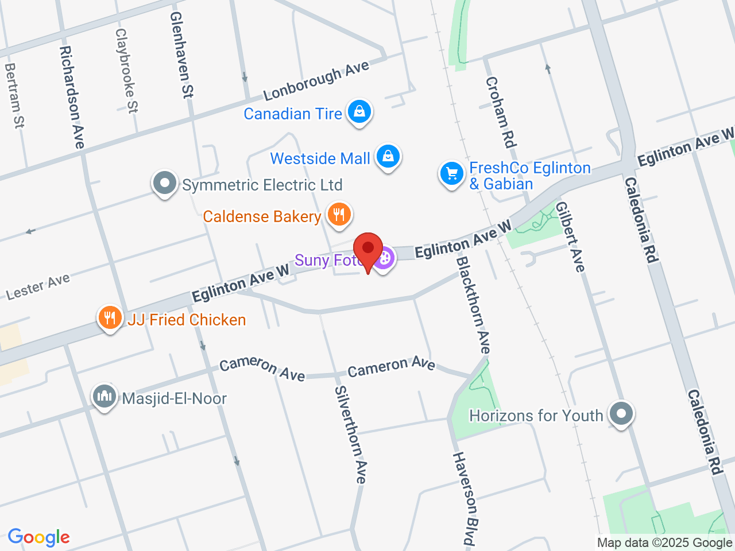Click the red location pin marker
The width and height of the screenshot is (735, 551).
[367, 250]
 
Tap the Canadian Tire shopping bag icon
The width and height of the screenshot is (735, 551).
[359, 112]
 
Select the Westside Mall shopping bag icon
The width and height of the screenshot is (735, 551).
[388, 156]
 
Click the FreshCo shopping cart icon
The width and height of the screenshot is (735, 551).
[451, 173]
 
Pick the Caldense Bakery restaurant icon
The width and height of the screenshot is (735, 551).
[339, 215]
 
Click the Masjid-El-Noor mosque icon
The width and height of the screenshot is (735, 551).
[105, 396]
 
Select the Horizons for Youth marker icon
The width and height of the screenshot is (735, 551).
[621, 413]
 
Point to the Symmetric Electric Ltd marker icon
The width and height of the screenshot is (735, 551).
[165, 184]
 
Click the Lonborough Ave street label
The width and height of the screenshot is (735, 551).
[316, 81]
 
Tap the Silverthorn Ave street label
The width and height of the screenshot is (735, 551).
[350, 434]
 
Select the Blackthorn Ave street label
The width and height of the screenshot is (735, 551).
[474, 305]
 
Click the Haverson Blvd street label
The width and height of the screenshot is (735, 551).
[465, 498]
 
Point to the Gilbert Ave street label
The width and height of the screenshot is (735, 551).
[570, 236]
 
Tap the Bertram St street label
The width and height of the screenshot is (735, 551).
[14, 95]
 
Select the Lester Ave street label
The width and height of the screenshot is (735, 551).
[38, 286]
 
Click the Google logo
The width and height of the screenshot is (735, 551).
[38, 537]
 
